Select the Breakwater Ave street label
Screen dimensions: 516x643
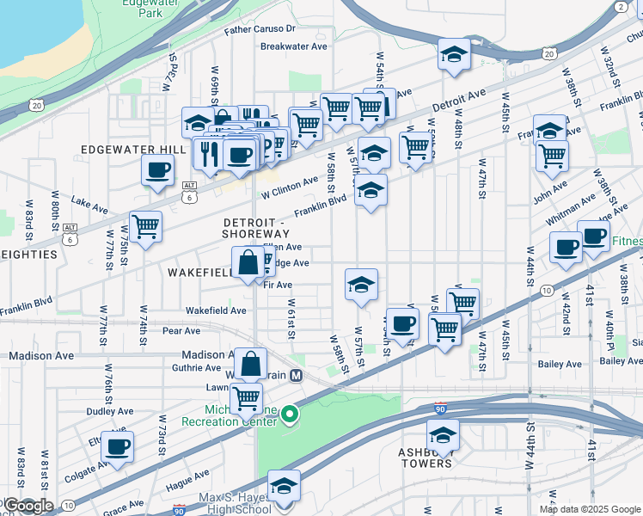coord(294,46)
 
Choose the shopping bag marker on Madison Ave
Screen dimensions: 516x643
coord(250,365)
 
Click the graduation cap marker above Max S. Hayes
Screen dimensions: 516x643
coord(284,487)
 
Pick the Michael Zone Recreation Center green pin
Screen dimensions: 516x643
coord(290,415)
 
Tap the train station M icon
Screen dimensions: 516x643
coord(296,375)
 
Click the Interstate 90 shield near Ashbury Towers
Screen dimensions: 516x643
coord(439,408)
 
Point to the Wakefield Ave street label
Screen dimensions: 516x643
coord(216,310)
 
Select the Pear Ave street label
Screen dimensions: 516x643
coord(181,330)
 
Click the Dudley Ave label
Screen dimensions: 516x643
coord(107,411)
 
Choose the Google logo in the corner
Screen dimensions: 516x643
coord(28,506)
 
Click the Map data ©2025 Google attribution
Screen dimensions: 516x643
coord(590,509)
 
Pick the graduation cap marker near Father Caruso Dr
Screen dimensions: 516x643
coord(454,56)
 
